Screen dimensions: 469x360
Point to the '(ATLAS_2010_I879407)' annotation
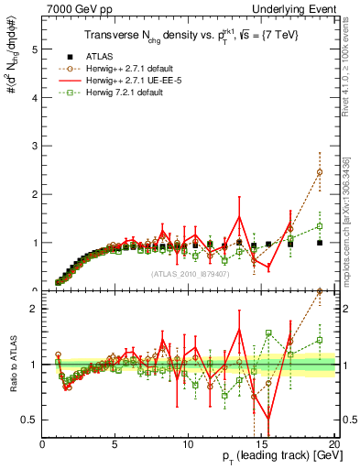click(189, 273)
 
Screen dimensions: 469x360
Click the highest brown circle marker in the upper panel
click(320, 172)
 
